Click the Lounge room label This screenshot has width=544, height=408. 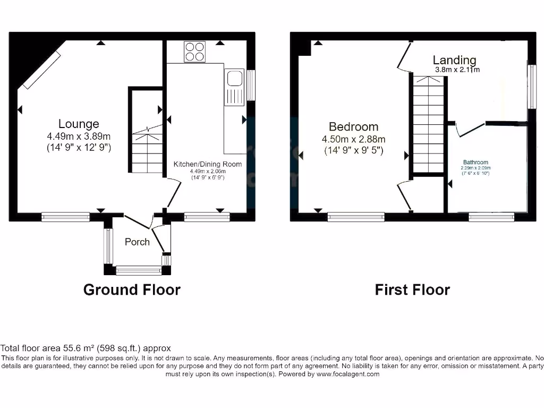[79, 124]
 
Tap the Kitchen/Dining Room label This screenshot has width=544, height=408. [208, 164]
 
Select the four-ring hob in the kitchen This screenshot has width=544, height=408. [194, 52]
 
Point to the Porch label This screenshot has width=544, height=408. [137, 242]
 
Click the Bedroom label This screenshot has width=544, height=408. [353, 126]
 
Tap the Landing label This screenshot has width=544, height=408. [454, 60]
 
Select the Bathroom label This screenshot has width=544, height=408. [475, 163]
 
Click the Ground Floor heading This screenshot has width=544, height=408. [132, 290]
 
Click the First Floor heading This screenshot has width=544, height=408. [412, 290]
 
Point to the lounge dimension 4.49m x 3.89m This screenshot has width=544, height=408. [79, 137]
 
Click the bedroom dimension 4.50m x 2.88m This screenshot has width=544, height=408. [353, 139]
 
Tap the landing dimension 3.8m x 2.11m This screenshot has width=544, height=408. [457, 70]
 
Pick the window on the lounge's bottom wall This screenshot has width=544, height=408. [66, 216]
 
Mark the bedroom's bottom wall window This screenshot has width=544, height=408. [356, 216]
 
